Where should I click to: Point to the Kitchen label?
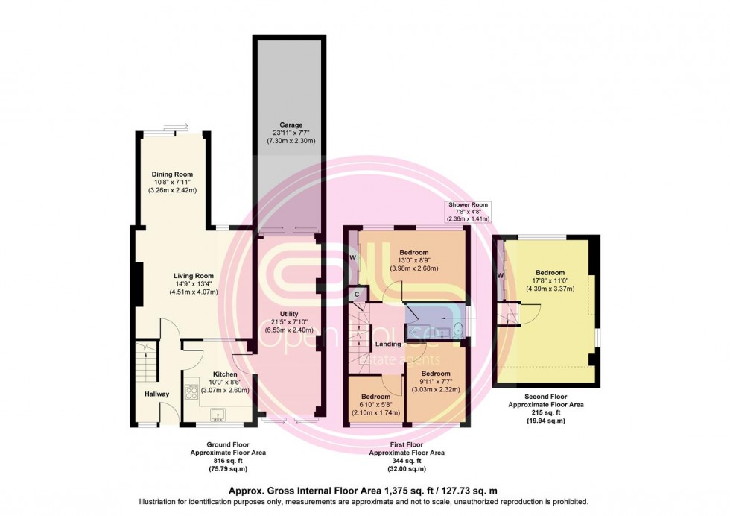[225, 374]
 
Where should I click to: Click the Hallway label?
[157, 394]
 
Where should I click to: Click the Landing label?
[389, 344]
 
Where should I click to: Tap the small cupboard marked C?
[358, 295]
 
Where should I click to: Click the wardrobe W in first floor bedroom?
[353, 258]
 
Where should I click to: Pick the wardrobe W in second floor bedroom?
[501, 274]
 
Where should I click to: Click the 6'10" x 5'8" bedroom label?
[375, 396]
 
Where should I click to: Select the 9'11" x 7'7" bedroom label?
[435, 373]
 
